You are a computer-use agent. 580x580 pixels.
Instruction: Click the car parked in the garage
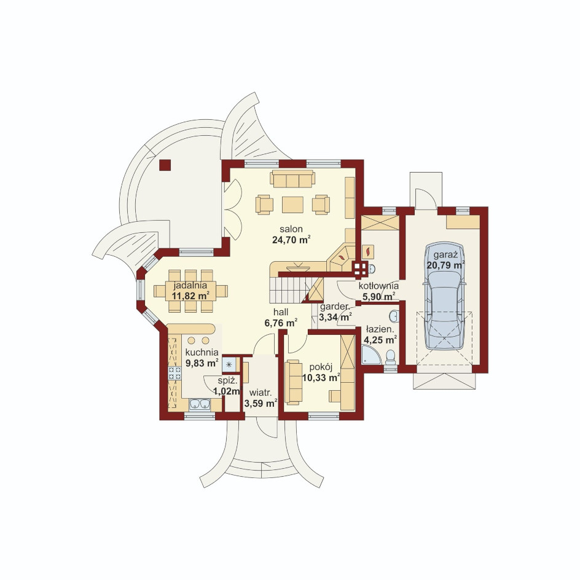pyautogui.click(x=444, y=296)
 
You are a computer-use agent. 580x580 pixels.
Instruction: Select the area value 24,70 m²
pyautogui.click(x=291, y=240)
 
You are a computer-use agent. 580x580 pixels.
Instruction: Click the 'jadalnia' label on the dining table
pyautogui.click(x=190, y=285)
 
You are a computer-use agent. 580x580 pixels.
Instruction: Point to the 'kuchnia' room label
pyautogui.click(x=202, y=352)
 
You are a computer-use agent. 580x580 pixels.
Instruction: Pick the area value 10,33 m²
pyautogui.click(x=321, y=378)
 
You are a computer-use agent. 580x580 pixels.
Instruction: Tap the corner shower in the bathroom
pyautogui.click(x=371, y=355)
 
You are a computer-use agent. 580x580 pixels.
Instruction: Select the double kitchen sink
pyautogui.click(x=200, y=404)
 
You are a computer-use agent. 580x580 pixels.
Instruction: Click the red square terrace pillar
pyautogui.click(x=165, y=165)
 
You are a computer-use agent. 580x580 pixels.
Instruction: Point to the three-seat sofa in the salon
pyautogui.click(x=292, y=179)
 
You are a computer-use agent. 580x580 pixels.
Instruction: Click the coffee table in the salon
pyautogui.click(x=292, y=205)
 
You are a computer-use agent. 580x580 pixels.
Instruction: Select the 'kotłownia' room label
pyautogui.click(x=378, y=286)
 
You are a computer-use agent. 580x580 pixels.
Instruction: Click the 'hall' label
pyautogui.click(x=281, y=312)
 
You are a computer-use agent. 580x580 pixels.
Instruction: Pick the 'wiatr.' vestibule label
pyautogui.click(x=261, y=392)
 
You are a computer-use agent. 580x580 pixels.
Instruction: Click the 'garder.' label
pyautogui.click(x=335, y=307)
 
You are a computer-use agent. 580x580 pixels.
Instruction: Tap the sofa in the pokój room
pyautogui.click(x=293, y=382)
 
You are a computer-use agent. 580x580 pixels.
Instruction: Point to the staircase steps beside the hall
pyautogui.click(x=288, y=290)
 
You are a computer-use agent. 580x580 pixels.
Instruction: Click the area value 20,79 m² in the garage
pyautogui.click(x=445, y=265)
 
